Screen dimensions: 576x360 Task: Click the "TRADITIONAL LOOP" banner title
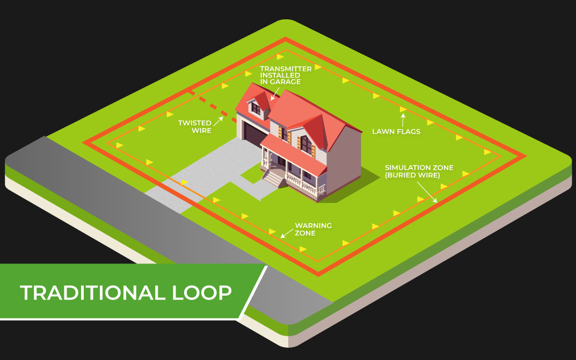[x=126, y=292]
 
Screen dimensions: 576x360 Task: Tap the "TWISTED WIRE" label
[x=195, y=127]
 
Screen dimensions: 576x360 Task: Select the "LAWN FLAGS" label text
[x=396, y=131]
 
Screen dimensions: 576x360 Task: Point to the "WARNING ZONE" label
[x=313, y=229]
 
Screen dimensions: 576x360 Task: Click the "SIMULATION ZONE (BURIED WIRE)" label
[x=419, y=171]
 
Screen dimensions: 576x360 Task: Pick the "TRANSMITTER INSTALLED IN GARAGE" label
[x=286, y=75]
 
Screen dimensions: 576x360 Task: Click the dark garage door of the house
[x=254, y=135]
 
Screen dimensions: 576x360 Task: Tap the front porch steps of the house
[x=274, y=178]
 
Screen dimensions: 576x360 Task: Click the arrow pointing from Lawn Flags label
[x=403, y=120]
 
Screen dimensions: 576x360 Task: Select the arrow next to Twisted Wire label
[x=218, y=121]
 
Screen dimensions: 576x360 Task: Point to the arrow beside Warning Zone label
[x=287, y=233]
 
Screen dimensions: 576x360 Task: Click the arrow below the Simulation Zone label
[x=427, y=192]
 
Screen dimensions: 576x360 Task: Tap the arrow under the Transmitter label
[x=274, y=93]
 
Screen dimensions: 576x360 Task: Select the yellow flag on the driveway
[x=185, y=182]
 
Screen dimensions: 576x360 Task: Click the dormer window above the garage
[x=256, y=108]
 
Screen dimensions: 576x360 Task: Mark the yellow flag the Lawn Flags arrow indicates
[x=403, y=109]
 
